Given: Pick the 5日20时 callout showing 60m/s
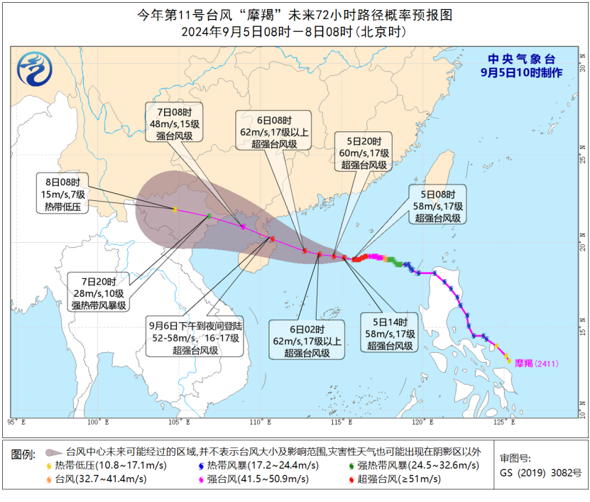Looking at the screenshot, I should point(364,153).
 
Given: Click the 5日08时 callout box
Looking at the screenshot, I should point(437,205).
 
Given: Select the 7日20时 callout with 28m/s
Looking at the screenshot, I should point(99,293).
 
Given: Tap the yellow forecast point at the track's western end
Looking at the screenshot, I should point(174,209).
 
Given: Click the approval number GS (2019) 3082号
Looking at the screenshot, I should point(540,473).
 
